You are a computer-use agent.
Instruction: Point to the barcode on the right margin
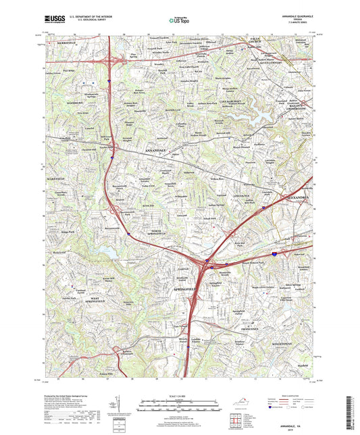click(352, 405)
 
